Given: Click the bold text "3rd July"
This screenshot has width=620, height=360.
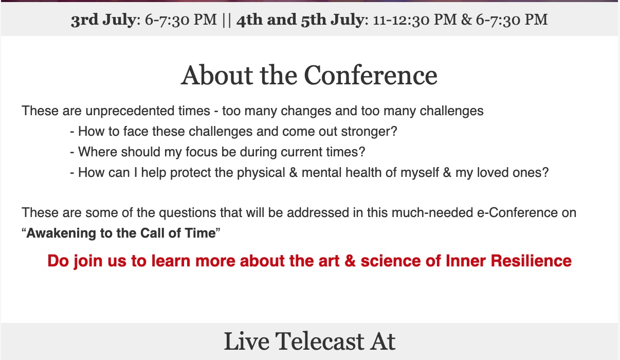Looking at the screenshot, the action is [x=103, y=20].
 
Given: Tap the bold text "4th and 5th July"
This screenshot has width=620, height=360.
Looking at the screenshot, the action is [x=300, y=20].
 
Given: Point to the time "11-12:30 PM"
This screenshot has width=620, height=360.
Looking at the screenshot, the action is [x=415, y=20].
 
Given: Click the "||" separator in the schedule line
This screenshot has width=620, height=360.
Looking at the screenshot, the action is [x=227, y=20].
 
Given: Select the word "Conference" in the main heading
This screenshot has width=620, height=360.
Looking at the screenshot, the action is [x=371, y=75].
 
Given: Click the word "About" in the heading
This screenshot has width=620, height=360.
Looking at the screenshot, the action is [x=217, y=75].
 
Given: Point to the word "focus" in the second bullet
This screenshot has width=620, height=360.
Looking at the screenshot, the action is [x=202, y=152].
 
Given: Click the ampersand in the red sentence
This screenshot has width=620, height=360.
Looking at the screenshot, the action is [x=350, y=261].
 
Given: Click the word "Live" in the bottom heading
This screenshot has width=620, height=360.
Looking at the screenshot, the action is [x=246, y=341].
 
